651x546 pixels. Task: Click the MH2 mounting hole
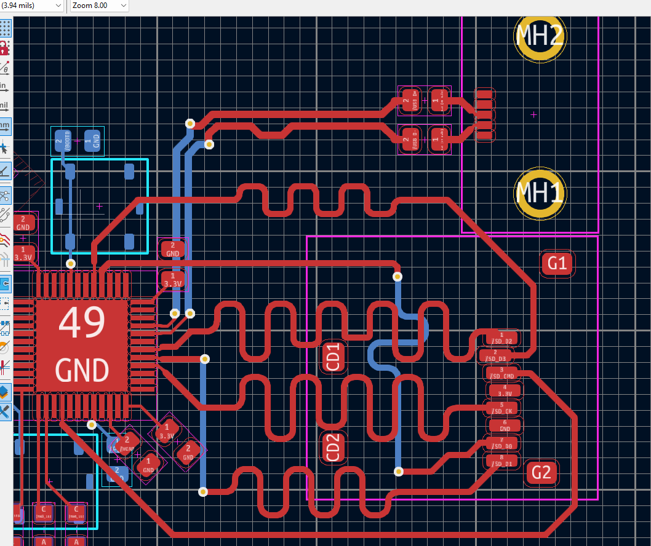pos(540,36)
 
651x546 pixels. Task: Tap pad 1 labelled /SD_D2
pos(503,338)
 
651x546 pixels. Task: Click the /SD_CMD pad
pos(503,373)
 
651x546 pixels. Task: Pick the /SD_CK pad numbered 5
pos(504,408)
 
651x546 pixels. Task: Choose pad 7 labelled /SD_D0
pos(503,443)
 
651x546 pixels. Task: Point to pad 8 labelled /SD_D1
pos(503,461)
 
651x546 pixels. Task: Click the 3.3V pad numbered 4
pos(504,390)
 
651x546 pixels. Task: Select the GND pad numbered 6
pos(504,425)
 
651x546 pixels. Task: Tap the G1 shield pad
pos(556,263)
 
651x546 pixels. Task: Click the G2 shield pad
pos(541,473)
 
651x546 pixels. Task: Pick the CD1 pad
pos(333,357)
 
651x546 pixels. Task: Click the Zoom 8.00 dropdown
pos(98,6)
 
